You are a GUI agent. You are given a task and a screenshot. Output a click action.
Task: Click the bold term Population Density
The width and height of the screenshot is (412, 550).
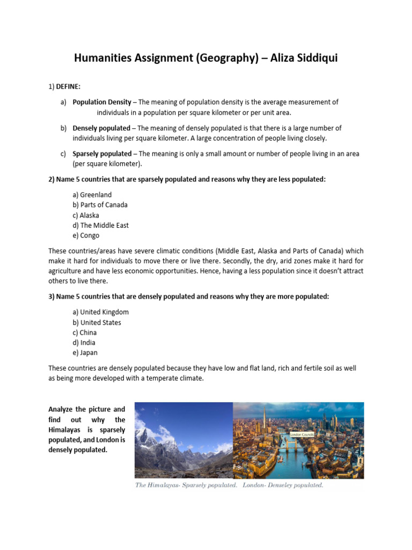click(x=102, y=102)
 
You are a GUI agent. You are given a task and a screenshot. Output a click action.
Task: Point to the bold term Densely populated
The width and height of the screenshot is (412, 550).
click(x=101, y=128)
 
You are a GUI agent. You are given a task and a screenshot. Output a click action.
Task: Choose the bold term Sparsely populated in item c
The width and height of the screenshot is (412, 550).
click(x=102, y=154)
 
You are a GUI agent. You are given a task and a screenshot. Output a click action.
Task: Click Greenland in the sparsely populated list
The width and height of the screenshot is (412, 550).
click(x=96, y=195)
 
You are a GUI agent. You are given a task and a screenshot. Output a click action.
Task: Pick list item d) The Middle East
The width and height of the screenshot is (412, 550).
click(x=104, y=226)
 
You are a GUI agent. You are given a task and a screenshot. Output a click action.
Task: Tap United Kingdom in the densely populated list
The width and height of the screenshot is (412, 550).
click(x=104, y=312)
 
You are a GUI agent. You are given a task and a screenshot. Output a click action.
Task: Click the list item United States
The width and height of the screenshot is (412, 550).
click(x=100, y=323)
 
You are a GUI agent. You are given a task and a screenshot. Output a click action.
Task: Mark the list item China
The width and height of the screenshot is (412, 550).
click(x=89, y=332)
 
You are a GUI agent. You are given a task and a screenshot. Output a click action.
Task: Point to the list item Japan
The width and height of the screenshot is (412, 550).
click(x=89, y=353)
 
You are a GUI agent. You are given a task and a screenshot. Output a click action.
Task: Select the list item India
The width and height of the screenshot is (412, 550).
click(x=88, y=343)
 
